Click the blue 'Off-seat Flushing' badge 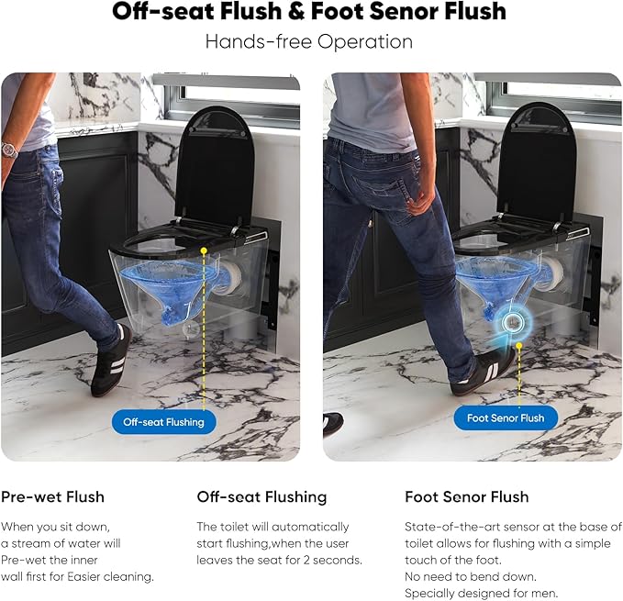click(x=163, y=422)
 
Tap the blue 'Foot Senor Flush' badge click(x=506, y=417)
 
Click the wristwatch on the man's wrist click(x=9, y=150)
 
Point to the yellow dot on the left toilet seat click(x=204, y=250)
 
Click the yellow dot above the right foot click(x=518, y=346)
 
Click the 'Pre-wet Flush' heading click(x=52, y=497)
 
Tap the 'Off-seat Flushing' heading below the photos click(x=261, y=497)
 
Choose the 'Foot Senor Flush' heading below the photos click(x=467, y=497)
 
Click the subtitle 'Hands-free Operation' click(x=309, y=42)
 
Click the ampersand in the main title click(x=297, y=11)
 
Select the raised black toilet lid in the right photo click(x=537, y=162)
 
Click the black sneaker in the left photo click(x=111, y=361)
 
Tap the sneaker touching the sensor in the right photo click(x=484, y=372)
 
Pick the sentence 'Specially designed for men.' click(x=482, y=594)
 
